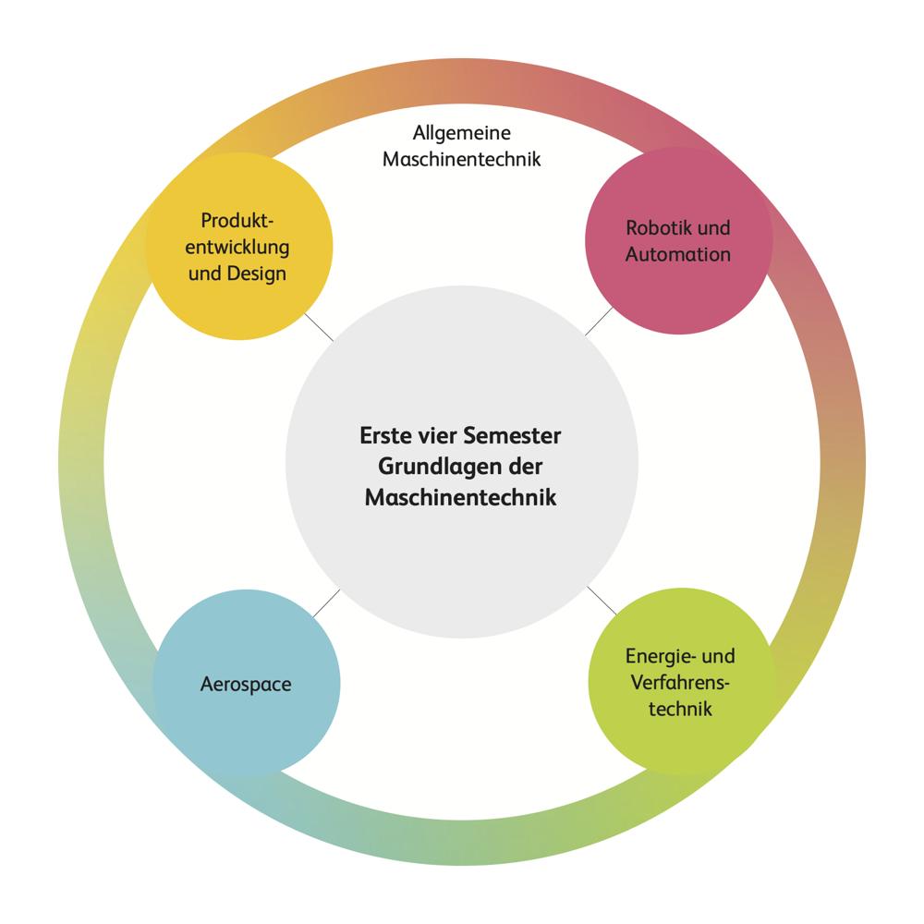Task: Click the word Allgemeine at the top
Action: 461,133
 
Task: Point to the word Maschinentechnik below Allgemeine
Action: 461,158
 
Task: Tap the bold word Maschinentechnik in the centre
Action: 461,497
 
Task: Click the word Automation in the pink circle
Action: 678,253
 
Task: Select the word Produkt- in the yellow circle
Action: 238,222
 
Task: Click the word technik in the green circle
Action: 681,709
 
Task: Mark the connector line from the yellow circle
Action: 318,326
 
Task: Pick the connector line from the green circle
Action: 602,601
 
